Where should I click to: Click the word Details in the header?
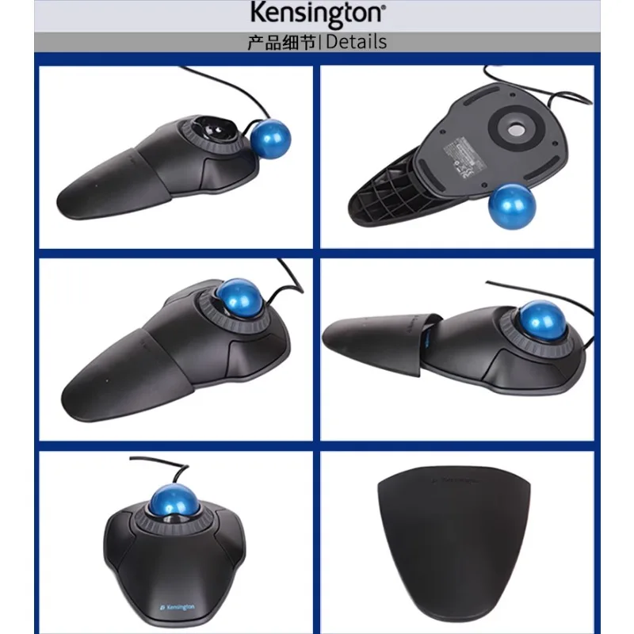(x=356, y=42)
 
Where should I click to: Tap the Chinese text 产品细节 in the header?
(x=281, y=42)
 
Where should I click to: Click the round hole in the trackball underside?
(x=518, y=128)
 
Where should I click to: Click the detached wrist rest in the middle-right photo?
(x=372, y=334)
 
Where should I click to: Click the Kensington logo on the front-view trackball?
(x=181, y=605)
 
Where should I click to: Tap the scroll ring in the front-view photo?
(x=147, y=524)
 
